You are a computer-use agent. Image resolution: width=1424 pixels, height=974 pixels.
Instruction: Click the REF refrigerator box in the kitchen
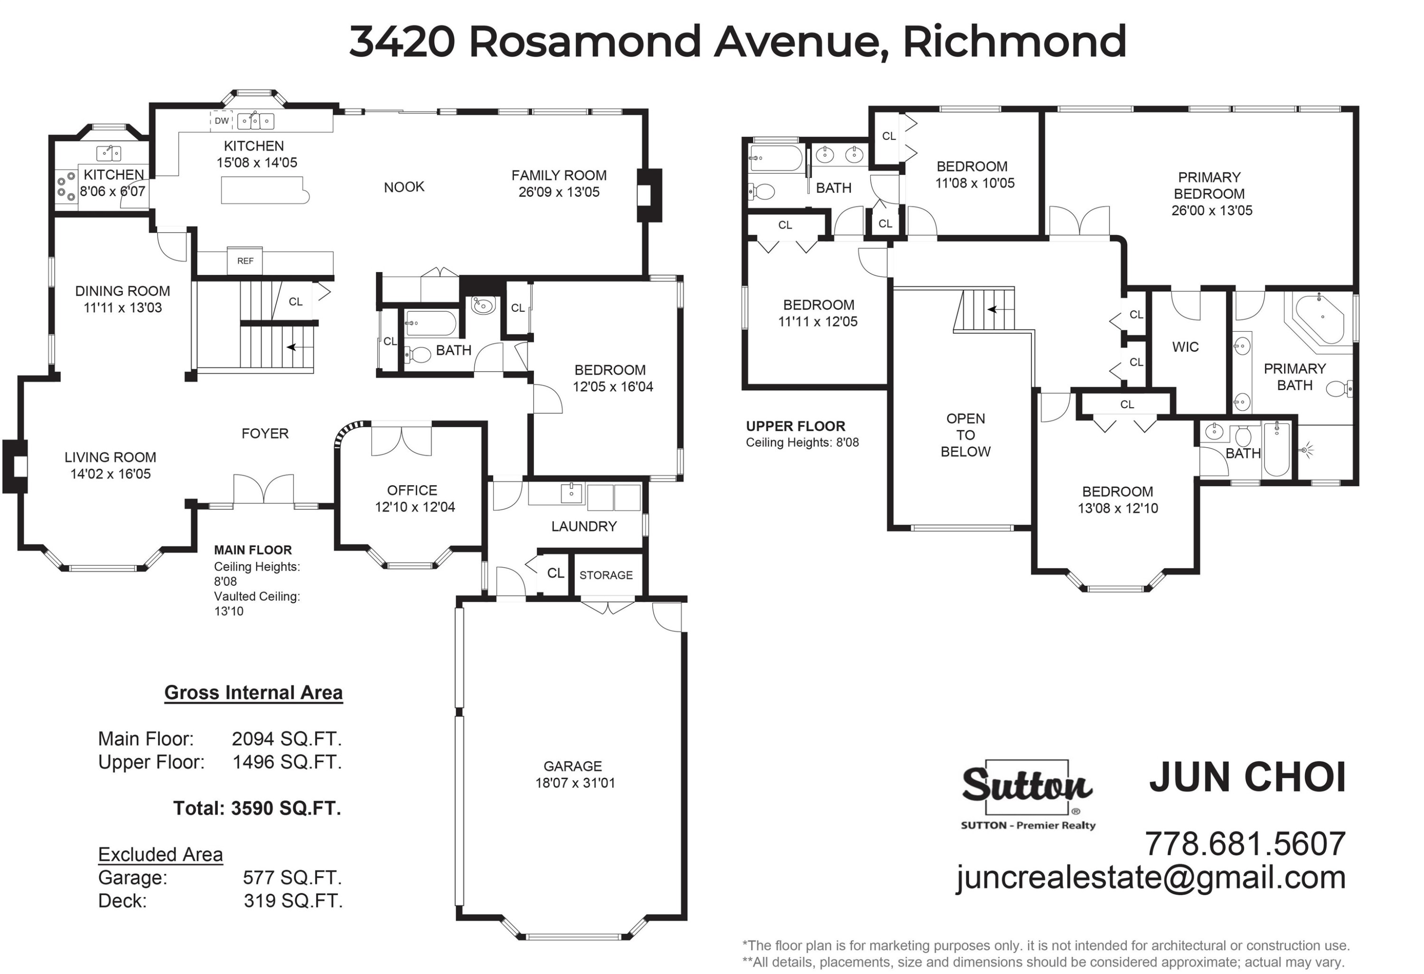[x=245, y=261]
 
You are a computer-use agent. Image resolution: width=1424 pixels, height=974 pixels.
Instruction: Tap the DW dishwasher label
[x=222, y=121]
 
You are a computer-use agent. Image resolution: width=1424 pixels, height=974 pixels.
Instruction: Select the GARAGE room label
[x=572, y=766]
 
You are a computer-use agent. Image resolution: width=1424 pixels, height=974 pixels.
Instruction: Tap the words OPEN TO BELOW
[x=965, y=435]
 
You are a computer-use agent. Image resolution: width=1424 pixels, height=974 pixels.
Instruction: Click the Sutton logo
[x=1028, y=795]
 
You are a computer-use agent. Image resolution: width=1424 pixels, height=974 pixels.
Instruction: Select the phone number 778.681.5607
[x=1245, y=844]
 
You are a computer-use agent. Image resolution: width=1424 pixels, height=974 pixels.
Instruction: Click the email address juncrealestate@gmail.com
[x=1151, y=878]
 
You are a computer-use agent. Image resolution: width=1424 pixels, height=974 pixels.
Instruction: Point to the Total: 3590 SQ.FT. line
[x=257, y=809]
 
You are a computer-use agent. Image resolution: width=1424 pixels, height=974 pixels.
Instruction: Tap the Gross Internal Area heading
[x=253, y=693]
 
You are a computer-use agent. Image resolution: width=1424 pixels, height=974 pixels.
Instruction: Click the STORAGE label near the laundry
[x=606, y=575]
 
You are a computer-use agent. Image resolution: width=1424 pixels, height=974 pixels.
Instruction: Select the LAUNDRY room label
[x=583, y=527]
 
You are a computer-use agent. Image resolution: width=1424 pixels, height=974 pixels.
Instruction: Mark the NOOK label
[x=404, y=187]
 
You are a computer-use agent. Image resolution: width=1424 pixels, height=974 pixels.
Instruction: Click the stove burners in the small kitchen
[x=66, y=186]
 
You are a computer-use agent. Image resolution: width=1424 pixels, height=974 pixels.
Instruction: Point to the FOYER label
[x=265, y=434]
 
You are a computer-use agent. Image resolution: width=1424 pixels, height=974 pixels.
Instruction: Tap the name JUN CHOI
[x=1247, y=777]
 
